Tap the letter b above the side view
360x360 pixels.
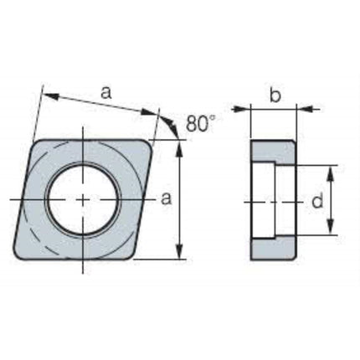(275, 95)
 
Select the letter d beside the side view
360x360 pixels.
(317, 201)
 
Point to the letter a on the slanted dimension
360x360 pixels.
(106, 93)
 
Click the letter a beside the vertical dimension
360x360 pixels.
(167, 198)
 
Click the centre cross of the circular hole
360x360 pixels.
(83, 199)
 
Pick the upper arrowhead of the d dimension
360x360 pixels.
(331, 173)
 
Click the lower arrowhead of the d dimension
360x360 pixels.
(331, 227)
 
